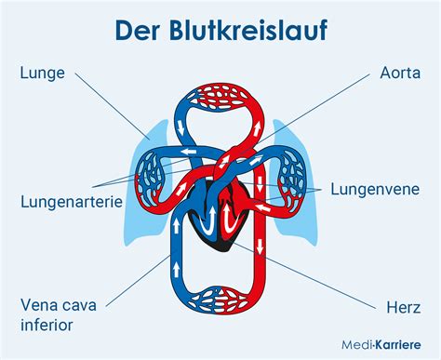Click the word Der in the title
coord(137,30)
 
